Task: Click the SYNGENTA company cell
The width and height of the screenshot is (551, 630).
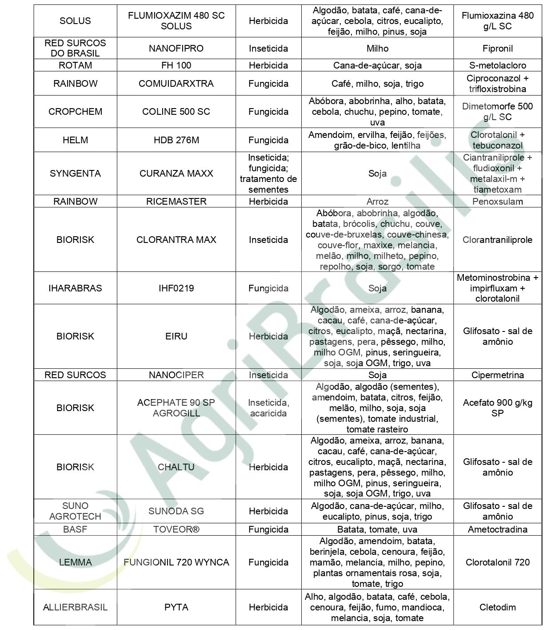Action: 75,174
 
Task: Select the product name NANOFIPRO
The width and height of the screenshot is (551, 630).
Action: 176,48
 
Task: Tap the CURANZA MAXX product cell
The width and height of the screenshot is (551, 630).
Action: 176,174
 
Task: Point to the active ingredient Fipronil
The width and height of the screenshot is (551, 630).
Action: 497,48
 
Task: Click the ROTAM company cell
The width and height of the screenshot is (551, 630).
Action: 75,65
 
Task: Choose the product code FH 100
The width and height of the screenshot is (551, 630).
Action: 176,65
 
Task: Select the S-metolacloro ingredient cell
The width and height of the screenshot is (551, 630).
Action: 497,65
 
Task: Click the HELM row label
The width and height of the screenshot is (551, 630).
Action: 75,140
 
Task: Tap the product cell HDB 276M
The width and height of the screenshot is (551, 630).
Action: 176,140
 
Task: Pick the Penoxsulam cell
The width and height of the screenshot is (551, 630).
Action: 497,202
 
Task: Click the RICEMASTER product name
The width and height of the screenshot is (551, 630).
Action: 176,202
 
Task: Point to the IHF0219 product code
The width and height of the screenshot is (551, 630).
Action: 176,288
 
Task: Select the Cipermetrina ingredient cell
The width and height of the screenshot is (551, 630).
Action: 497,375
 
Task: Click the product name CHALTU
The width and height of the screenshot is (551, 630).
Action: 176,467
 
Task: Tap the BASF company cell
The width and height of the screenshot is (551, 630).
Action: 75,529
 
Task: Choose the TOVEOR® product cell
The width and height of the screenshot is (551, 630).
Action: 176,529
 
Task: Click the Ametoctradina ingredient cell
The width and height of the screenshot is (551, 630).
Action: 497,529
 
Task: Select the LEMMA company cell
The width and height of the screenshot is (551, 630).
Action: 75,562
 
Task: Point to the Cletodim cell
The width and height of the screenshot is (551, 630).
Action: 497,607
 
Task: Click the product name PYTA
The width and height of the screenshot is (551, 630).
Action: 176,607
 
